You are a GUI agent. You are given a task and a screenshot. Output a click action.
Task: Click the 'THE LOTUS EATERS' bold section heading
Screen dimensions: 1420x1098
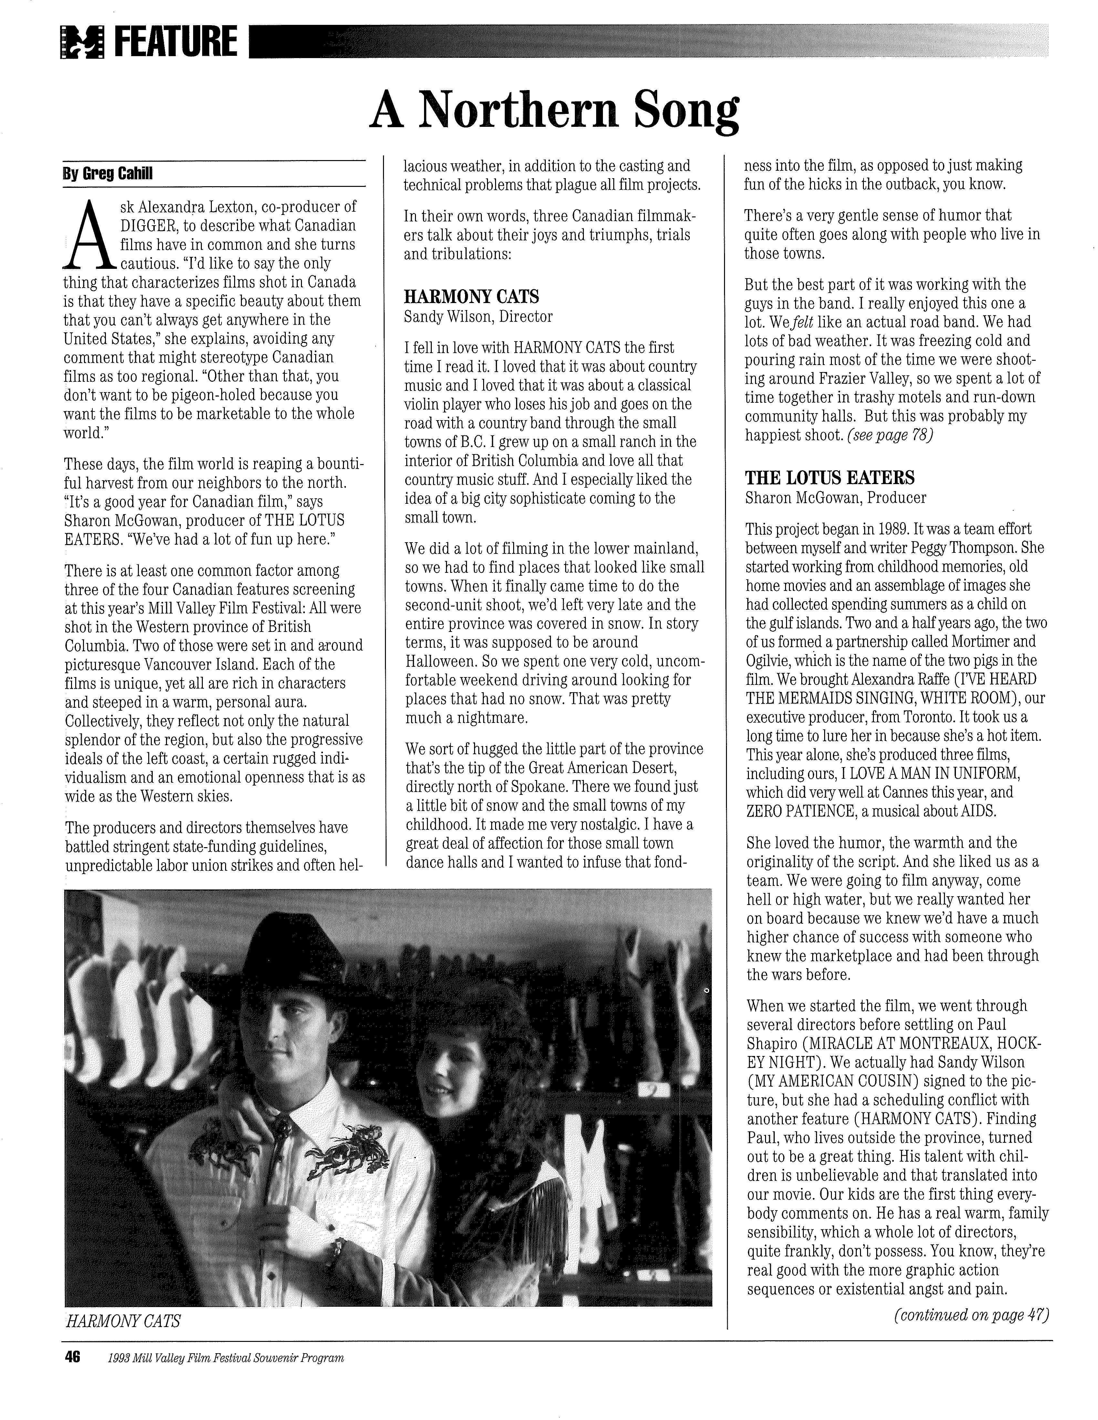pos(829,478)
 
